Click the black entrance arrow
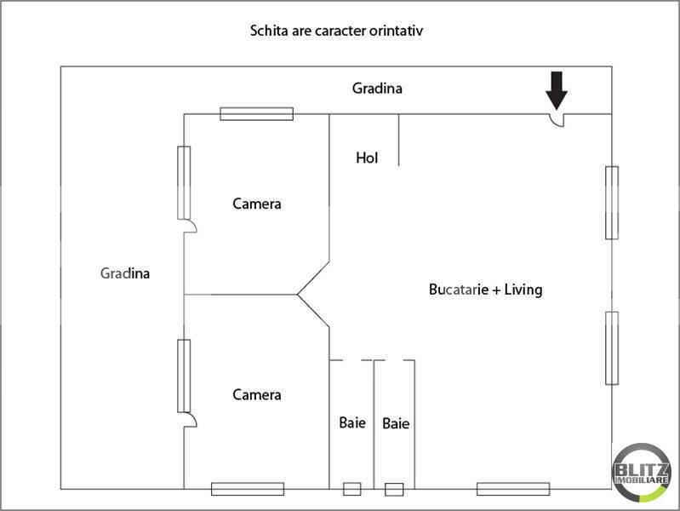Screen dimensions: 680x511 (x=557, y=90)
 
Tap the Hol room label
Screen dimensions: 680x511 (x=367, y=158)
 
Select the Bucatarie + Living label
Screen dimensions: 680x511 (x=485, y=290)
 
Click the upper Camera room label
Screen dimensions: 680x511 (x=257, y=204)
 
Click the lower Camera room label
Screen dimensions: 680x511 (x=257, y=394)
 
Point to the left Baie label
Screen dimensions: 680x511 (x=352, y=422)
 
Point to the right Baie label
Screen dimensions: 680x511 (x=396, y=423)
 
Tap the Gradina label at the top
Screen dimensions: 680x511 (x=377, y=88)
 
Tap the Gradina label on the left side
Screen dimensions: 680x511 (x=125, y=273)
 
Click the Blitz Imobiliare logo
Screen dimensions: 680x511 (x=641, y=473)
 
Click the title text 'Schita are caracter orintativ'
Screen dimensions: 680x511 (x=336, y=31)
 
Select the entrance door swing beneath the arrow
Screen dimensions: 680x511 (x=557, y=122)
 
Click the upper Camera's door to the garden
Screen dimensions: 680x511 (x=191, y=226)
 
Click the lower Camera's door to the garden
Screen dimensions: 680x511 (x=191, y=419)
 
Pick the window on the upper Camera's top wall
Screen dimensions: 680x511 (x=257, y=114)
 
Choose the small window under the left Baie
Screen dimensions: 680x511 (x=352, y=489)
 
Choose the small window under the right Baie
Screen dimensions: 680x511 (x=394, y=490)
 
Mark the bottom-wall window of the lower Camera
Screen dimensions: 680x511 (x=248, y=489)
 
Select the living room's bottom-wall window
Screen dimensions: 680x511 (x=513, y=489)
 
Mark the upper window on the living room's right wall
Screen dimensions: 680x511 (x=612, y=203)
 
